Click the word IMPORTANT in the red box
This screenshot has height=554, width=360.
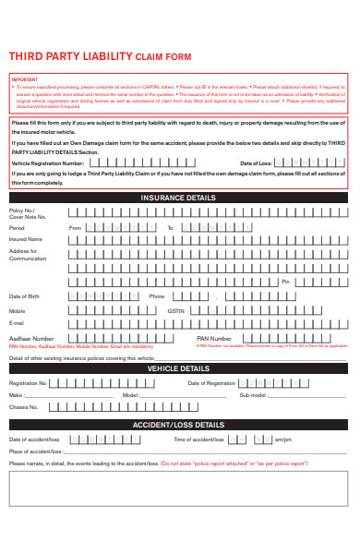[26, 79]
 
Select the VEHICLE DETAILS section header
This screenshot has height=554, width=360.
[179, 368]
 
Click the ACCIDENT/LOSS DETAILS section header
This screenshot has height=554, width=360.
[179, 425]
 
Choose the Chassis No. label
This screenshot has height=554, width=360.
[23, 407]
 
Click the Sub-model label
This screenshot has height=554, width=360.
[253, 394]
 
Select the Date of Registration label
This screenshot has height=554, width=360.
[211, 382]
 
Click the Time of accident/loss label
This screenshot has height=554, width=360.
[198, 439]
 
